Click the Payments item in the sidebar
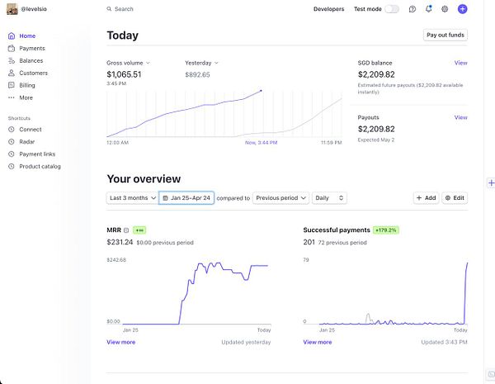pos(32,49)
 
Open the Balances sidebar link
pos(31,60)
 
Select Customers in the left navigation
pos(33,73)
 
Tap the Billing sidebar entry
pos(27,85)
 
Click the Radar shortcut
pos(27,141)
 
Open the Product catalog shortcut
pos(40,166)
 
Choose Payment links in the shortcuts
pos(37,154)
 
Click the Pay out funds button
pos(445,36)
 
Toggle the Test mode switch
pos(392,9)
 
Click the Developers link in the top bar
pos(328,9)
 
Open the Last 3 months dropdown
pos(132,198)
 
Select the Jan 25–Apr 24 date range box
pos(186,198)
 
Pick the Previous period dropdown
pos(281,198)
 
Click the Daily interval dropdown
pos(329,198)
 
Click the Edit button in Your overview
pos(455,198)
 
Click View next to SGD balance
pos(460,63)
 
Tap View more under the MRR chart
pos(120,342)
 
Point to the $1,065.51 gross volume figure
pos(124,74)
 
